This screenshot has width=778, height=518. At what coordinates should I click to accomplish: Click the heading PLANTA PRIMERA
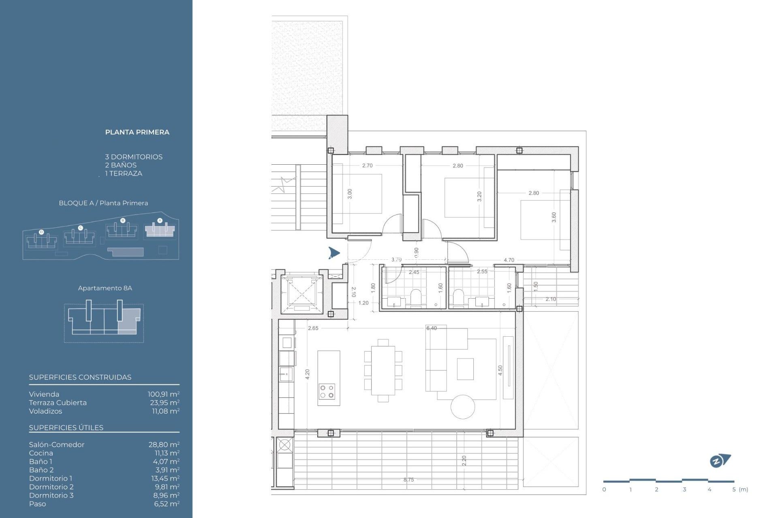[137, 132]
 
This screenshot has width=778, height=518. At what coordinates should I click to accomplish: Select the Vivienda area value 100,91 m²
[163, 394]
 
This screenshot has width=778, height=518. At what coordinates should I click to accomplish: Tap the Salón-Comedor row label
[57, 445]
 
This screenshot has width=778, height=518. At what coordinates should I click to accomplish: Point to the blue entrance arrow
[334, 253]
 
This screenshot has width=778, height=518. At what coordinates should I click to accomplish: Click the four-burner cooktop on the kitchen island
[327, 391]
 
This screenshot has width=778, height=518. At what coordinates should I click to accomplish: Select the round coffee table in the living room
[463, 407]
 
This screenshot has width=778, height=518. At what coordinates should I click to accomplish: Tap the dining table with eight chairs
[383, 370]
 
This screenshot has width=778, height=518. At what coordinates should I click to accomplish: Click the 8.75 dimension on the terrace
[408, 480]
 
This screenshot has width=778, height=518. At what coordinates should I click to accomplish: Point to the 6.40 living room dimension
[432, 328]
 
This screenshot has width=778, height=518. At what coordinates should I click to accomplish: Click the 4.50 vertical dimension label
[500, 370]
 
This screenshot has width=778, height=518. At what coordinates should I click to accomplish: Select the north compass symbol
[720, 461]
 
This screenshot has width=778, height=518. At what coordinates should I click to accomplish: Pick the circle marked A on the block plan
[160, 221]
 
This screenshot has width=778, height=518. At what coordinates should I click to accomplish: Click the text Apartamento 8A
[105, 288]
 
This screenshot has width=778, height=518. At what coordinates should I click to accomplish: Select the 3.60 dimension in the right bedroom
[554, 217]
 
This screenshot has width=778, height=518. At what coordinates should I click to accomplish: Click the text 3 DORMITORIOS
[134, 157]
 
